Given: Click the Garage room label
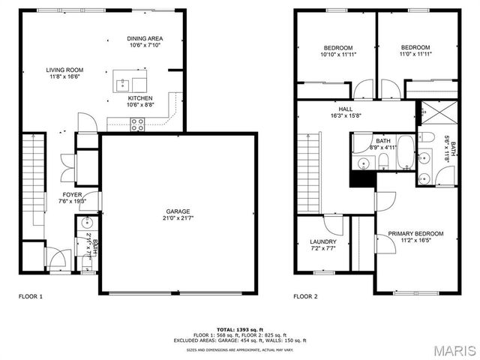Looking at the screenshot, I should pyautogui.click(x=178, y=214).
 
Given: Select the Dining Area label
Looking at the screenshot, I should pyautogui.click(x=145, y=42).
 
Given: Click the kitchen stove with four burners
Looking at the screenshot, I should pyautogui.click(x=138, y=125).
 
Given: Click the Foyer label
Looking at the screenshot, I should pyautogui.click(x=72, y=197).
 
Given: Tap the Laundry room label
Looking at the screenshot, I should pyautogui.click(x=323, y=244).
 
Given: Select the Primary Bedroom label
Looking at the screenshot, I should pyautogui.click(x=415, y=237).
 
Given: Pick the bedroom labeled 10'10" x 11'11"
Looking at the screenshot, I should pyautogui.click(x=337, y=51).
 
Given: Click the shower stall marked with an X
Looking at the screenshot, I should pyautogui.click(x=432, y=112).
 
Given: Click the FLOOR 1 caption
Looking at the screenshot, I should pyautogui.click(x=31, y=296).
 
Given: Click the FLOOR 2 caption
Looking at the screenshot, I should pyautogui.click(x=305, y=296).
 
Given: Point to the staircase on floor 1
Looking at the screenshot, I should pyautogui.click(x=31, y=184).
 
